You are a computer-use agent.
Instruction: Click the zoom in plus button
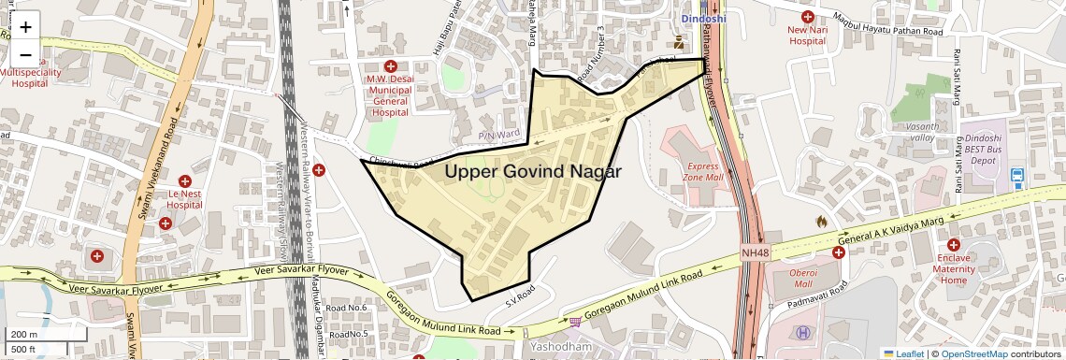25,27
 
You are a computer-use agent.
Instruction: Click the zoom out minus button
25,54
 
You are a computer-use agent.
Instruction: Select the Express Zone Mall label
702,170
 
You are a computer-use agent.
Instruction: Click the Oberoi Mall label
791,278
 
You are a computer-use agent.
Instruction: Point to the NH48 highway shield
755,252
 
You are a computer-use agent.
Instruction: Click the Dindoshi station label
702,18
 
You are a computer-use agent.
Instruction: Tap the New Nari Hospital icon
808,16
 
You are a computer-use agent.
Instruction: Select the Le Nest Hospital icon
185,180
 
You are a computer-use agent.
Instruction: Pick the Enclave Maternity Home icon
953,244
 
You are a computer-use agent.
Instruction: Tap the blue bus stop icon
1016,175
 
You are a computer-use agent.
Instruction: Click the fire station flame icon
821,222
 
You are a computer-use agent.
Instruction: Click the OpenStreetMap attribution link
974,353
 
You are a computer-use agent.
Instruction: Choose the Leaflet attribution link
903,353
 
